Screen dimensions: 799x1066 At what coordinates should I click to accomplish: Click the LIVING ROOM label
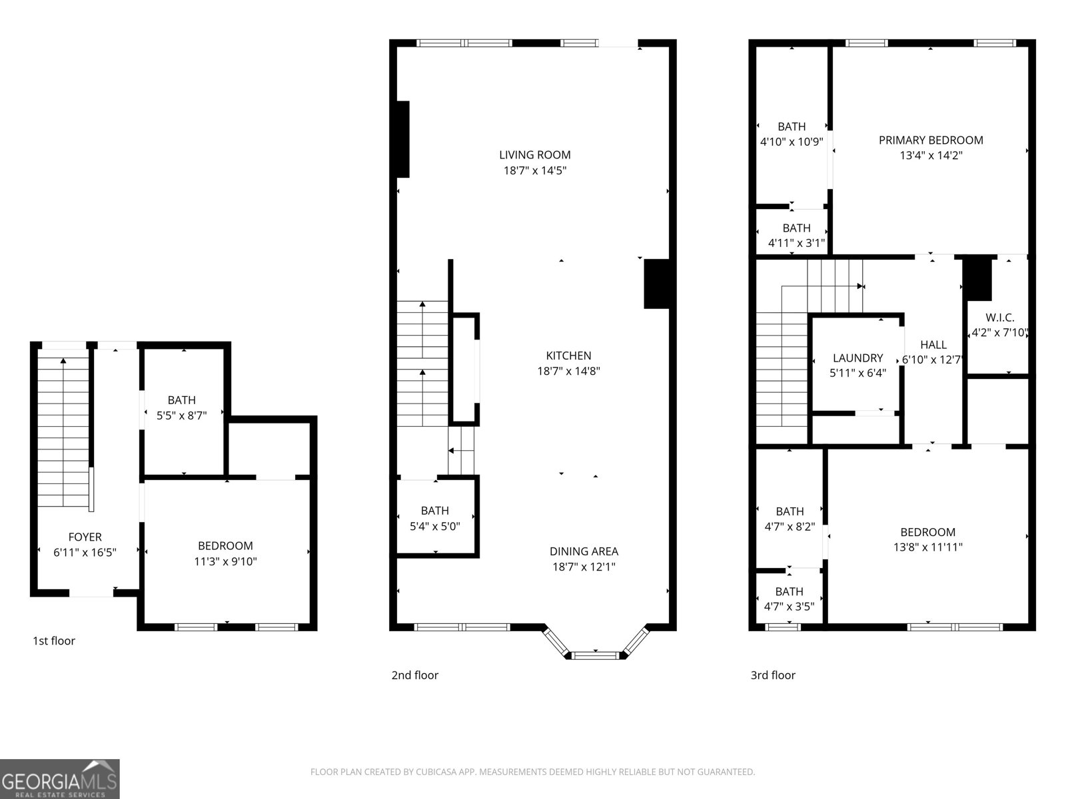[534, 155]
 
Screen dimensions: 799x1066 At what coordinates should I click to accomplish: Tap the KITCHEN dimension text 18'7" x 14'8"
[568, 372]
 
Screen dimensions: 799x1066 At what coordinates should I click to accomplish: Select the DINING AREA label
[584, 551]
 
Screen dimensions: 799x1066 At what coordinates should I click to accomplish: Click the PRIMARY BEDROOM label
[931, 140]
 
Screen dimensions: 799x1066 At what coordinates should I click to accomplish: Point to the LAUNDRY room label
[857, 358]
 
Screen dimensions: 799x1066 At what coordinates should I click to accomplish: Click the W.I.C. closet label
[1000, 318]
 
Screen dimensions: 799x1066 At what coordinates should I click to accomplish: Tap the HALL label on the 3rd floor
[933, 345]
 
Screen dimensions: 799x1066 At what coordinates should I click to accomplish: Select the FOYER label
[85, 537]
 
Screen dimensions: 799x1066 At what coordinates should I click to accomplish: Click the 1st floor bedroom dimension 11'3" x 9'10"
[225, 562]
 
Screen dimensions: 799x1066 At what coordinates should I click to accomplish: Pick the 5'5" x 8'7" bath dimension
[181, 415]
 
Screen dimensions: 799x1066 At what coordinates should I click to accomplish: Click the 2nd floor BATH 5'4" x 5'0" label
[434, 511]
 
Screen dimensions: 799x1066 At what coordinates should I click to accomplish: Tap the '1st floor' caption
[54, 641]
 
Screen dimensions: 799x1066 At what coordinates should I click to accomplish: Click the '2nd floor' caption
[414, 675]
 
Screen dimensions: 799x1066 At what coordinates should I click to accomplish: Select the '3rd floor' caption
[773, 675]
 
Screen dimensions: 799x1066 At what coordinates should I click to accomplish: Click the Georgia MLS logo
[60, 779]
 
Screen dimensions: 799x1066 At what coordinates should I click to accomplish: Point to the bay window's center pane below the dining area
[595, 656]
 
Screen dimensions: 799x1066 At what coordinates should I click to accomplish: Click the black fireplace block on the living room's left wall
[402, 139]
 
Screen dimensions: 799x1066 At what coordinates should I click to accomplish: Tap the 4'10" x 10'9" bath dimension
[792, 142]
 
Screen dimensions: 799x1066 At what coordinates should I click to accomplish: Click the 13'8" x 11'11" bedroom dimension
[927, 548]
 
